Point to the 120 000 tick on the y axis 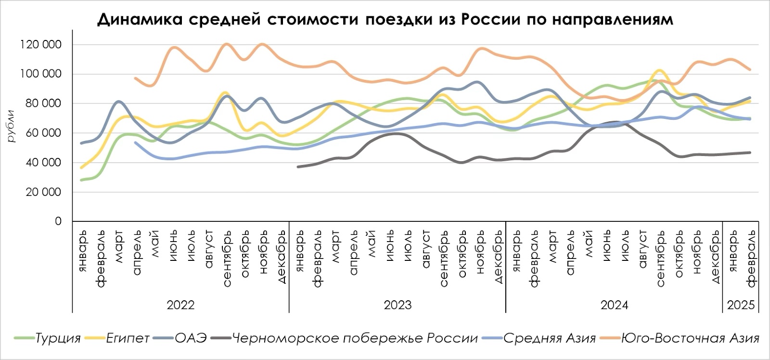(41, 45)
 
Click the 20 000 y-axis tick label (44, 192)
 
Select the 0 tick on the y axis (58, 221)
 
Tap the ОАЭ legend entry (190, 338)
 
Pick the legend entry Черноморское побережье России (355, 338)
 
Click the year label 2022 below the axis (180, 305)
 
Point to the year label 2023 (398, 305)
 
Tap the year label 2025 (741, 305)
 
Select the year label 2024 (614, 305)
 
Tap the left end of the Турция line (81, 180)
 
